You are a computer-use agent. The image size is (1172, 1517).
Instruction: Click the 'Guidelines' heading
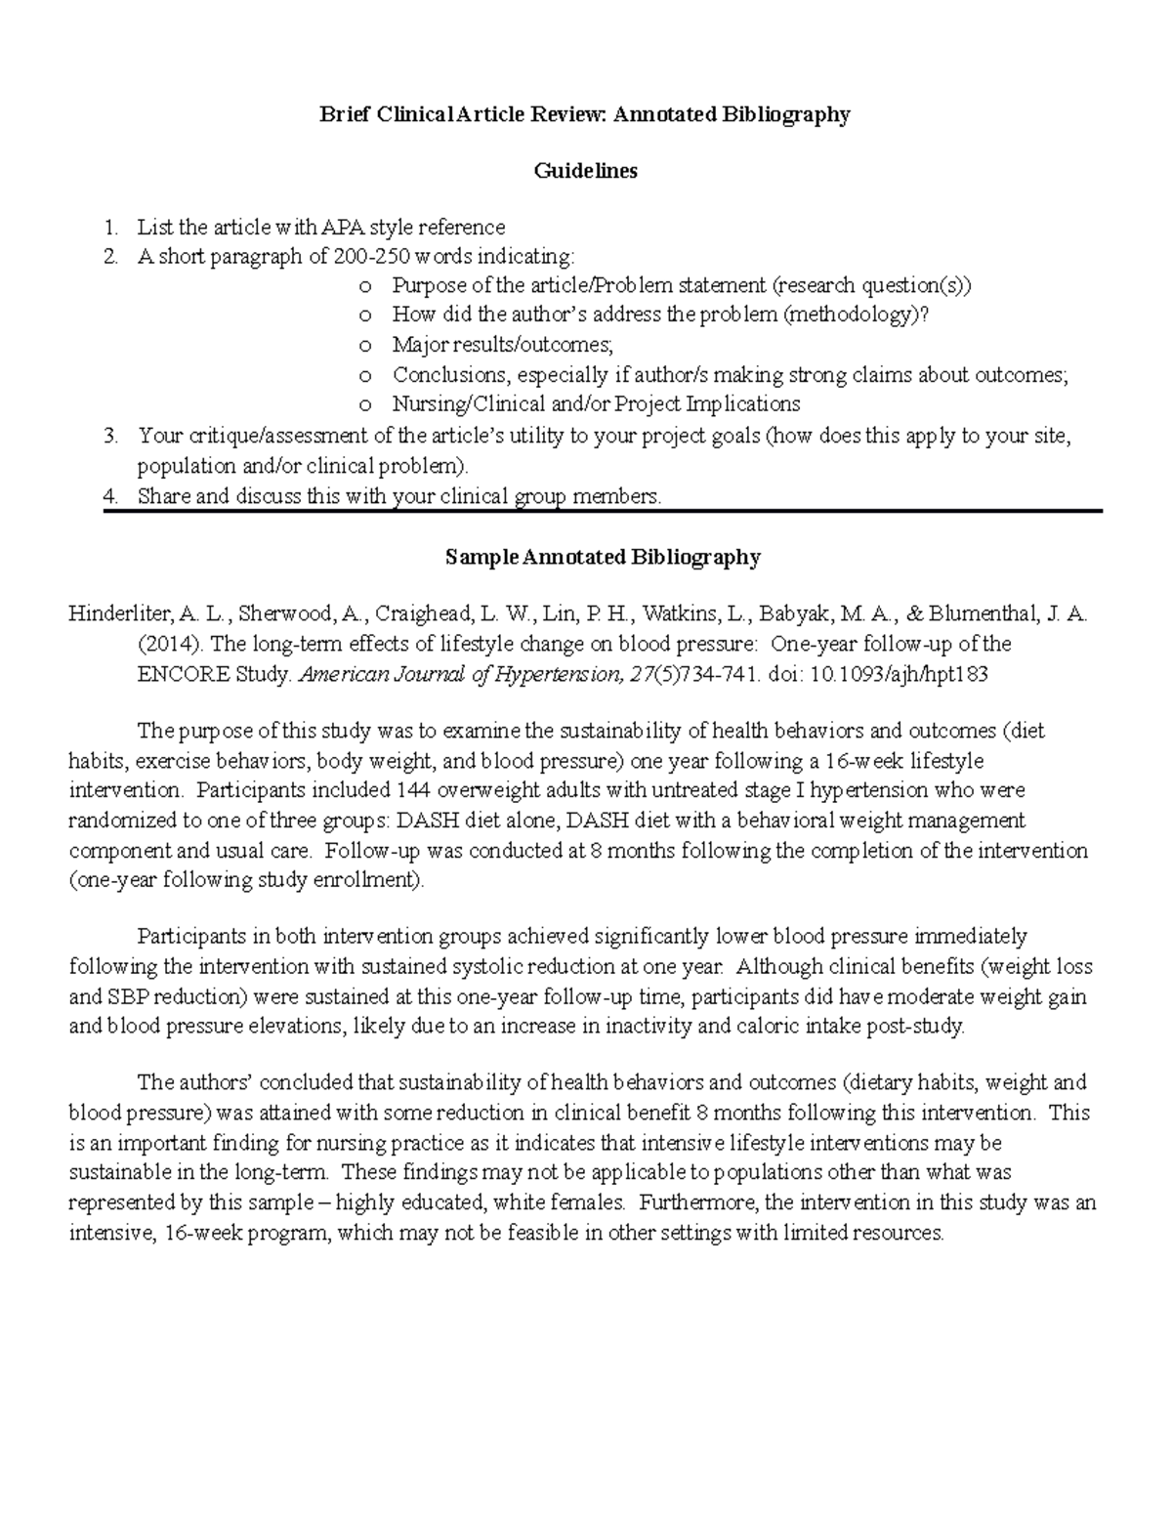point(585,171)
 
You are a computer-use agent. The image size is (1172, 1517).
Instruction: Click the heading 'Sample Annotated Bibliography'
point(603,557)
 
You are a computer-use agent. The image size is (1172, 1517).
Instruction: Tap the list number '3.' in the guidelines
point(111,436)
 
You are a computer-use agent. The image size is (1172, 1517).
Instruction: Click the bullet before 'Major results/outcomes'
point(364,346)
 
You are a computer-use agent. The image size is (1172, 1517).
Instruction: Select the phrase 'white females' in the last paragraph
point(550,1202)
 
